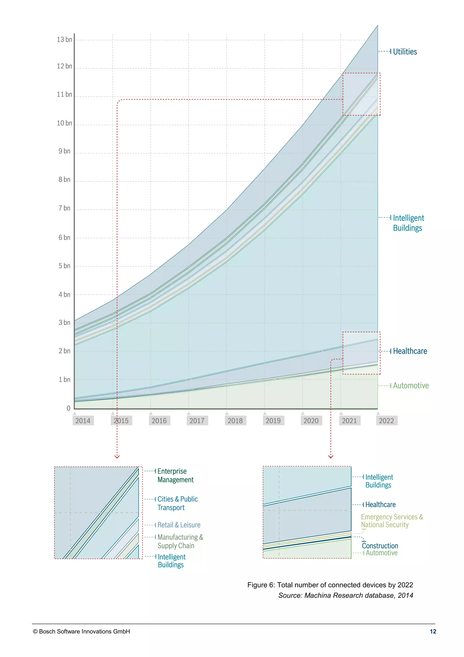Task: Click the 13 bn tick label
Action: [64, 39]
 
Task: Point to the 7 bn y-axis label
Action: [64, 208]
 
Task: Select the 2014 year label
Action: [83, 421]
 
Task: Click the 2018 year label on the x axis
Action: [235, 421]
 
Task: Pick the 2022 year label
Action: [386, 421]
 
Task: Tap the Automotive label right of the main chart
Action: [411, 385]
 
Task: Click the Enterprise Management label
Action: [175, 475]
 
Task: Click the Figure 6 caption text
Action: [330, 585]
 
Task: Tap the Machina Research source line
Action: [346, 595]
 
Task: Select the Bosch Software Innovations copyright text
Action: [81, 632]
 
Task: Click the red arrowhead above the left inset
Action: [117, 457]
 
